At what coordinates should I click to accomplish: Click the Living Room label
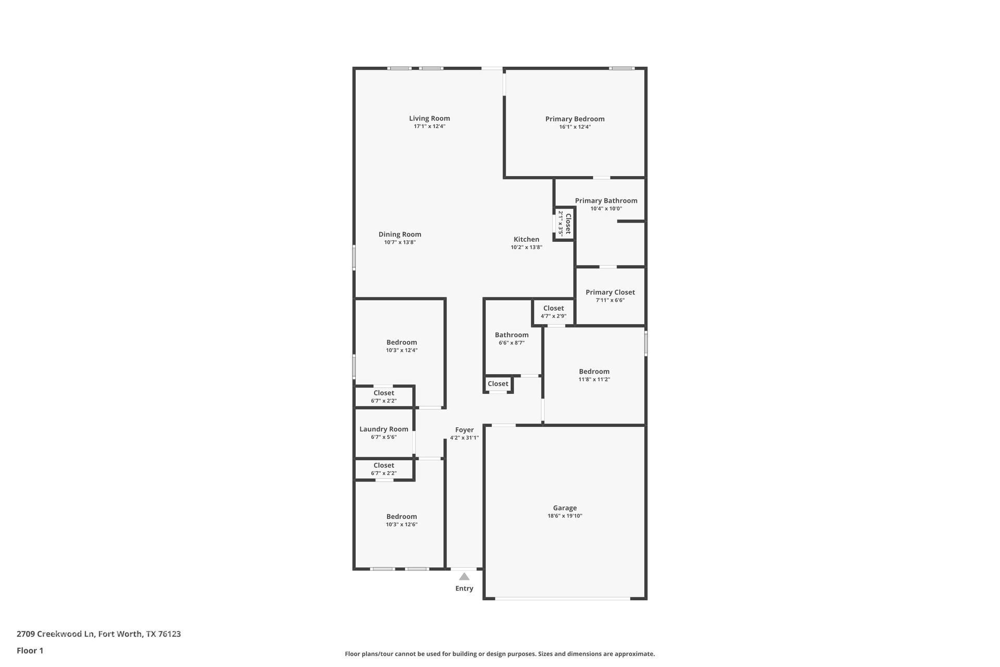(x=429, y=118)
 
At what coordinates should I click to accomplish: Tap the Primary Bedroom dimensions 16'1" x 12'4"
(x=574, y=127)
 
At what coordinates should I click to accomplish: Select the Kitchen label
(x=526, y=239)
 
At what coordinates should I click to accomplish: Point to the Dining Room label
(x=399, y=234)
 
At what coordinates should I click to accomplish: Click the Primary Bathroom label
(x=606, y=201)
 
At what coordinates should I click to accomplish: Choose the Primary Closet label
(x=610, y=292)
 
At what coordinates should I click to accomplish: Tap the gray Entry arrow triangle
(x=464, y=576)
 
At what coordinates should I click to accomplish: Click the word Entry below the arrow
(x=464, y=588)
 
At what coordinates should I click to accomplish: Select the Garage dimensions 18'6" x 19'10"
(x=565, y=516)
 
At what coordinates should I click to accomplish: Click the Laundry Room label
(x=384, y=429)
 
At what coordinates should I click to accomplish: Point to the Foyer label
(x=464, y=430)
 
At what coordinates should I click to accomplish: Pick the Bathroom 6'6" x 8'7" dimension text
(x=511, y=343)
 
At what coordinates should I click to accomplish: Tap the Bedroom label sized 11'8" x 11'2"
(x=594, y=372)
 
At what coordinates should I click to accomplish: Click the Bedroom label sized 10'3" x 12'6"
(x=401, y=516)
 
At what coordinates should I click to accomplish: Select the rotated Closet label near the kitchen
(x=568, y=224)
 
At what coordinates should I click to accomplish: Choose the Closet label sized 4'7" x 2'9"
(x=553, y=308)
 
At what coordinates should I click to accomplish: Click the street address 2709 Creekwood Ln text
(x=98, y=634)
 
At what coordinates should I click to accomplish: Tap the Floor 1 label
(x=30, y=650)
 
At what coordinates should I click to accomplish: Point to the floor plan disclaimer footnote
(x=499, y=653)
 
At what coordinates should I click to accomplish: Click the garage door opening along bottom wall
(x=562, y=598)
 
